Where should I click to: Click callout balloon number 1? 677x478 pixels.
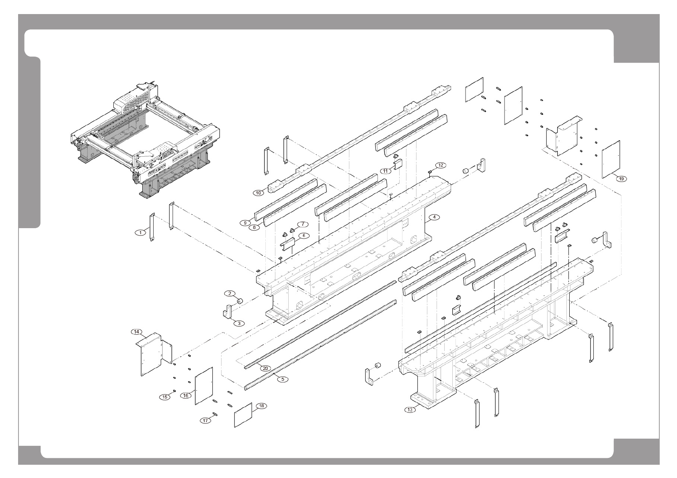point(140,233)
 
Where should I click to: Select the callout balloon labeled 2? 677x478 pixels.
point(230,293)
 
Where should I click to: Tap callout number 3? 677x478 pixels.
point(238,323)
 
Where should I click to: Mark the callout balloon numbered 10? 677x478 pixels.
point(258,192)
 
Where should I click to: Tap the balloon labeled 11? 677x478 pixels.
point(386,171)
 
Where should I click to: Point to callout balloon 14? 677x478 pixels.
point(137,332)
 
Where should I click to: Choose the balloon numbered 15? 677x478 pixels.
point(164,397)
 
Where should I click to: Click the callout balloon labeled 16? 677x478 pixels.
point(186,396)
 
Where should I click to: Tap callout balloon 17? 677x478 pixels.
point(205,421)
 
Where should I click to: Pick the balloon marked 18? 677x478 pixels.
point(261,406)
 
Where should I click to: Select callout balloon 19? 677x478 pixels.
point(622,179)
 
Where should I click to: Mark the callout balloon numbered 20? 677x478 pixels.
point(265,368)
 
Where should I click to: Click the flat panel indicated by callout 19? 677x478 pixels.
point(611,159)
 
